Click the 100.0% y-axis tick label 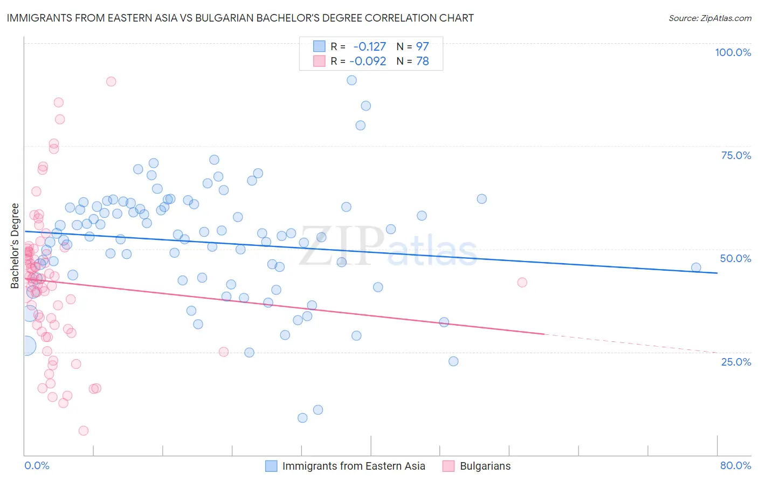pyautogui.click(x=733, y=52)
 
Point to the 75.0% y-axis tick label pyautogui.click(x=736, y=155)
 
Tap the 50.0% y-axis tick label pyautogui.click(x=735, y=258)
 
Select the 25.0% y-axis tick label pyautogui.click(x=736, y=362)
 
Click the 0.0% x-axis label pyautogui.click(x=37, y=465)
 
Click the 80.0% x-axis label pyautogui.click(x=735, y=465)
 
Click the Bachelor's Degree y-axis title pyautogui.click(x=15, y=246)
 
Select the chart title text pyautogui.click(x=240, y=18)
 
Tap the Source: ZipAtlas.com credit pyautogui.click(x=709, y=18)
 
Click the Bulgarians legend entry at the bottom pyautogui.click(x=485, y=466)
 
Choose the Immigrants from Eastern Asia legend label pyautogui.click(x=354, y=466)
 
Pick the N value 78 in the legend pyautogui.click(x=423, y=61)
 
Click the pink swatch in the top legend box pyautogui.click(x=319, y=61)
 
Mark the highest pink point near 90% pyautogui.click(x=111, y=81)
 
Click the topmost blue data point pyautogui.click(x=352, y=80)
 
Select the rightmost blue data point pyautogui.click(x=696, y=267)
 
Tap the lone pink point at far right pyautogui.click(x=522, y=282)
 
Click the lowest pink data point pyautogui.click(x=84, y=430)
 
